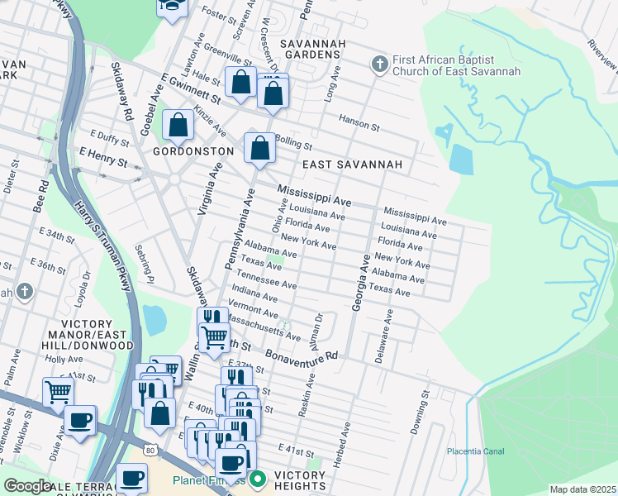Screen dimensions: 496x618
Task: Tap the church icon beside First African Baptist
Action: coord(379,63)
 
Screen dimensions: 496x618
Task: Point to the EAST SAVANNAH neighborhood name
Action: coord(352,165)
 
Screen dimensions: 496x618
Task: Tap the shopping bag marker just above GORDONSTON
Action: coord(178,126)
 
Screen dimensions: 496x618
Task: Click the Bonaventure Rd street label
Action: coord(302,355)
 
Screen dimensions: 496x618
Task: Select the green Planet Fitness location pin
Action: coord(258,479)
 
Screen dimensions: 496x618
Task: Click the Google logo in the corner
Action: coord(26,486)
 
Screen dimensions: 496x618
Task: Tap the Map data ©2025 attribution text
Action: coord(582,489)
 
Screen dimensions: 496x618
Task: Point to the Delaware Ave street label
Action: coord(383,336)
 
